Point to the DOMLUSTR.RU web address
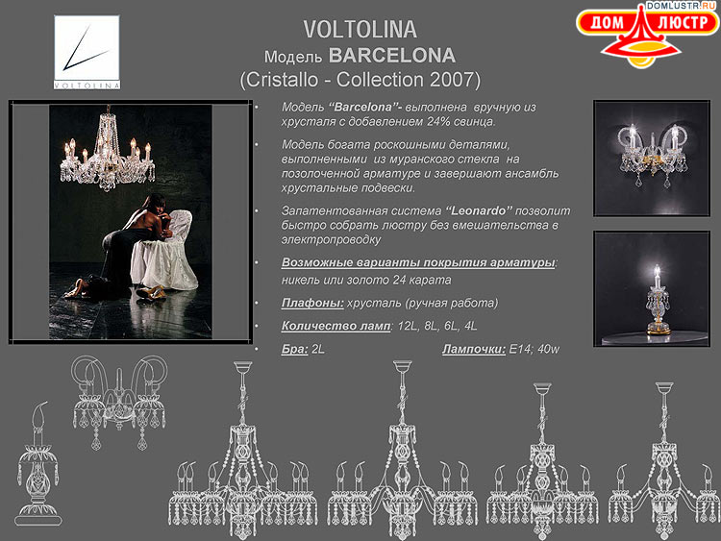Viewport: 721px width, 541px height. pos(681,6)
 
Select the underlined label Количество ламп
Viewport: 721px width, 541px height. pos(335,326)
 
